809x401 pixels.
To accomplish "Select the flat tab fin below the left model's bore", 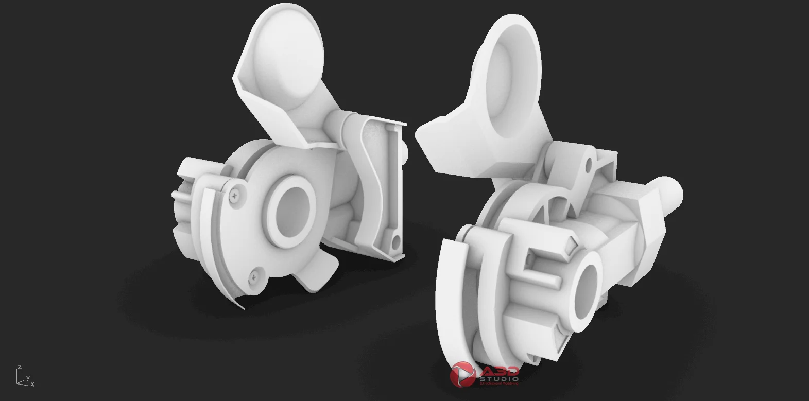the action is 317,273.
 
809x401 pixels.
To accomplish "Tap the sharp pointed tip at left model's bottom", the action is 242,307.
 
